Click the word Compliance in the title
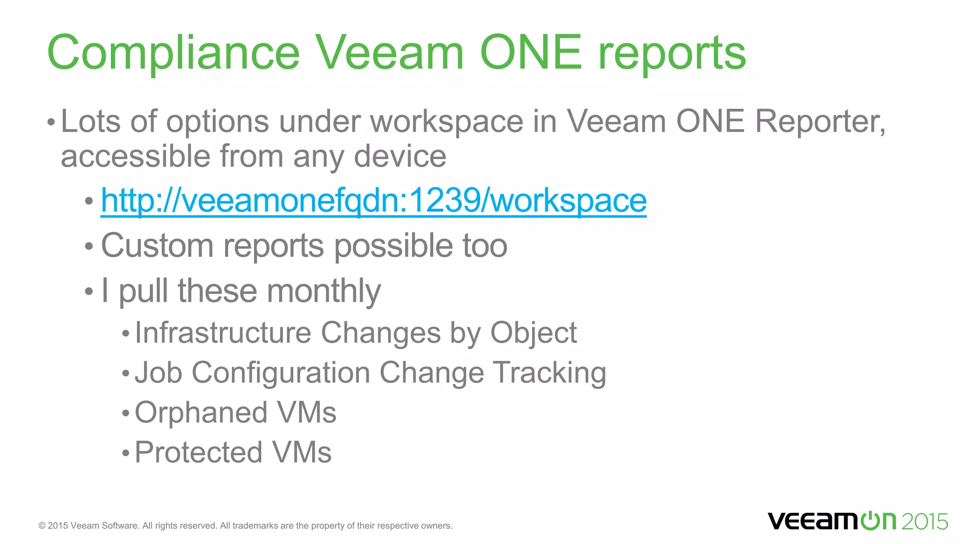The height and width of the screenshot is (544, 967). point(173,53)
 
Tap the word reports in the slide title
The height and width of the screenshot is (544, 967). point(672,53)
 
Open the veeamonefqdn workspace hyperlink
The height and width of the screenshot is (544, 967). point(373,200)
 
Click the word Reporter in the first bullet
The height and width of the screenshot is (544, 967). point(820,121)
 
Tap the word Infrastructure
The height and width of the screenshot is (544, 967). point(223,332)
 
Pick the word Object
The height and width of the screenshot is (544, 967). point(533,333)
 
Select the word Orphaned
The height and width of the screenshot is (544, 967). point(201,413)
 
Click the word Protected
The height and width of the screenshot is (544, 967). point(198,452)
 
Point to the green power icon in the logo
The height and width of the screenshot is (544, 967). point(869,521)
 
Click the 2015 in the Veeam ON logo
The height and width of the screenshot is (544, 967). point(924,521)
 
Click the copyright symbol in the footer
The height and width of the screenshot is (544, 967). point(42,526)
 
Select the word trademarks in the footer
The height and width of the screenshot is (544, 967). point(255,526)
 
